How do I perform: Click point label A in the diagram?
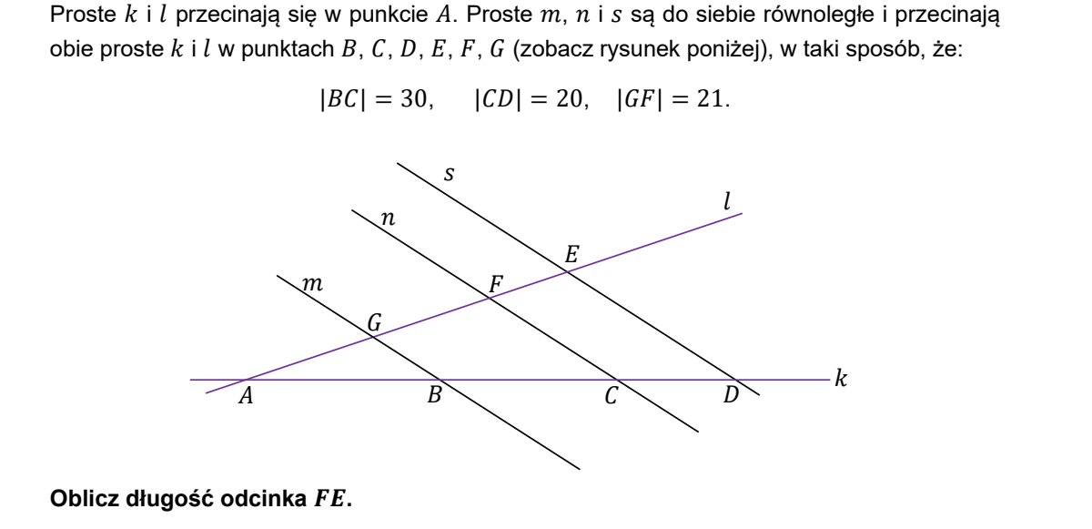pyautogui.click(x=247, y=395)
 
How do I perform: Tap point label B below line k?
pyautogui.click(x=434, y=394)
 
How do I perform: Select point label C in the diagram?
pyautogui.click(x=612, y=395)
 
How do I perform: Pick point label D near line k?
pyautogui.click(x=731, y=394)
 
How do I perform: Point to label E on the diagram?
pyautogui.click(x=571, y=255)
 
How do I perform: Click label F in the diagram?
pyautogui.click(x=496, y=284)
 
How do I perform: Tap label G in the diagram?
pyautogui.click(x=374, y=322)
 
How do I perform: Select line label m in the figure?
pyautogui.click(x=312, y=284)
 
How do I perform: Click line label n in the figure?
pyautogui.click(x=388, y=219)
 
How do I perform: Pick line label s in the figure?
pyautogui.click(x=449, y=174)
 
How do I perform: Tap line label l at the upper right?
pyautogui.click(x=727, y=201)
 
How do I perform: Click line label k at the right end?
pyautogui.click(x=841, y=379)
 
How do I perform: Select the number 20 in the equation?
pyautogui.click(x=569, y=99)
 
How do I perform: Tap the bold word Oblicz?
pyautogui.click(x=85, y=498)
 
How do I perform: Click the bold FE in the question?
pyautogui.click(x=330, y=498)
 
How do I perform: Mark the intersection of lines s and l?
pyautogui.click(x=568, y=272)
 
